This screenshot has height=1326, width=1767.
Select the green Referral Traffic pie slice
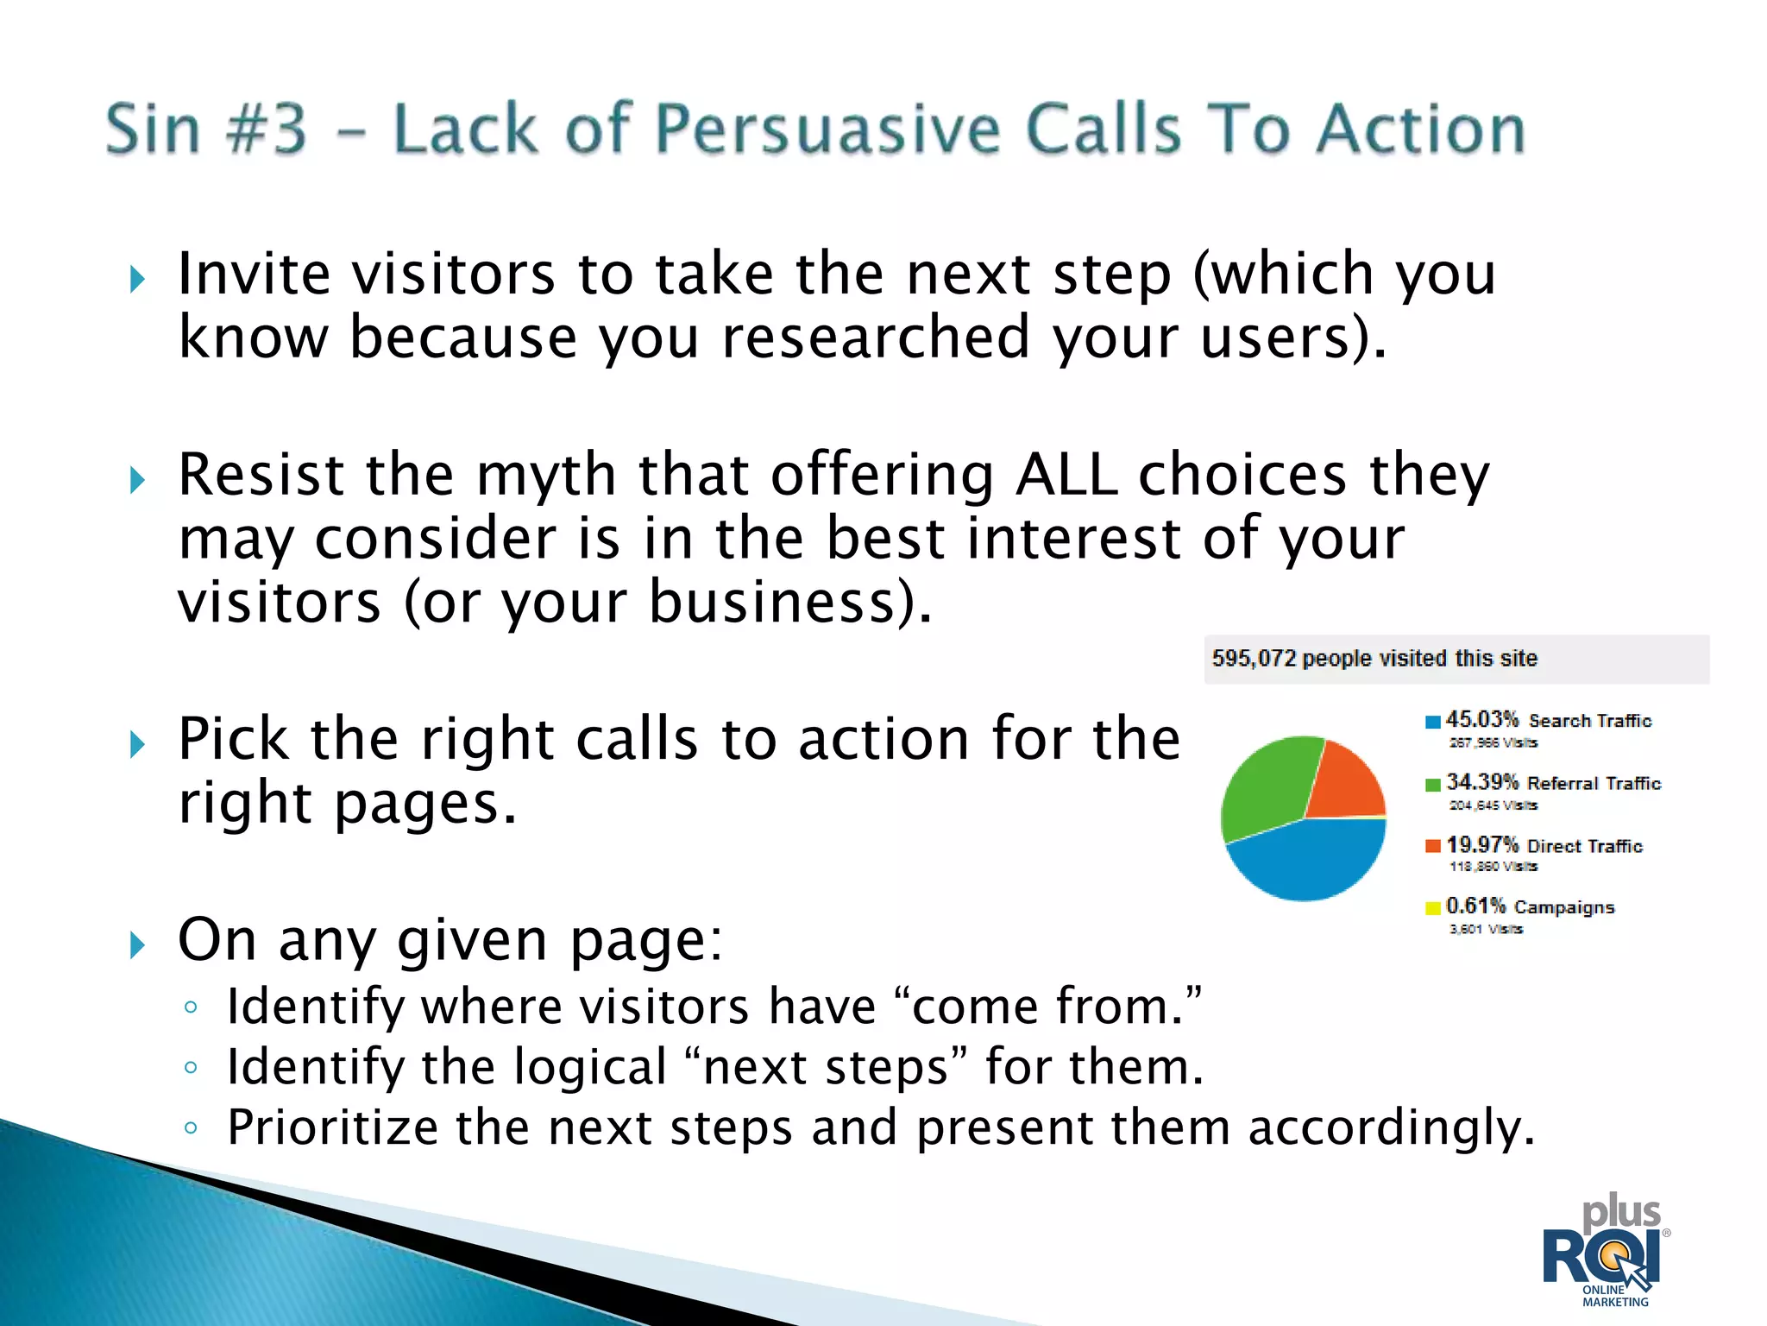pos(1265,786)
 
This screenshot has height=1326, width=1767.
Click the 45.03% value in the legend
pos(1481,719)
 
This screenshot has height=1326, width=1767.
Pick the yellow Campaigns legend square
pos(1433,907)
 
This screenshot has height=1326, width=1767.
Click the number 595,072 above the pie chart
pos(1253,659)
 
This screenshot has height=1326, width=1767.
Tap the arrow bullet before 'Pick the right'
pos(137,743)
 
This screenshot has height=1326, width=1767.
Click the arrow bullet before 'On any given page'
pos(137,944)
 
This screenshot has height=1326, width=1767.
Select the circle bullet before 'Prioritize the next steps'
pos(192,1127)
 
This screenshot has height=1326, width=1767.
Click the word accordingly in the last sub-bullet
pos(1391,1127)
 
